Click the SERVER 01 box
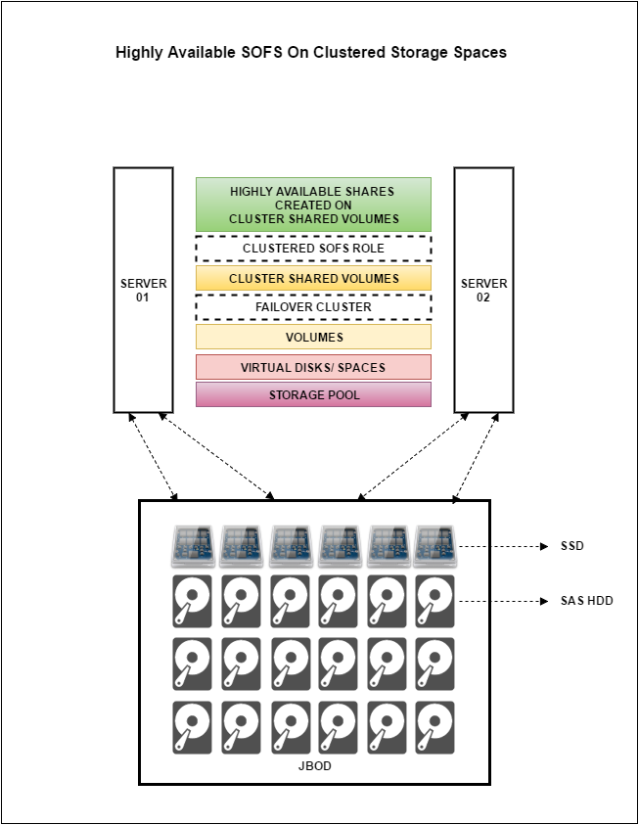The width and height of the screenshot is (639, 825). coord(143,290)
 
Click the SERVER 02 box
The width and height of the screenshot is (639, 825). coord(483,290)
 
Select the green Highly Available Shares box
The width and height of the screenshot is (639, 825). coord(313,205)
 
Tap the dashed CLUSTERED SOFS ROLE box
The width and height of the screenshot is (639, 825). coord(313,249)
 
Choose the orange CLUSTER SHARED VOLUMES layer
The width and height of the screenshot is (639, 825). coord(313,278)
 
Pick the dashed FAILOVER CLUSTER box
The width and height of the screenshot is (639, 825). coord(313,307)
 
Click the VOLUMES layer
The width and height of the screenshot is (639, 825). coord(313,337)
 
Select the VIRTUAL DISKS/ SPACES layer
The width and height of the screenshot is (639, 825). coord(313,367)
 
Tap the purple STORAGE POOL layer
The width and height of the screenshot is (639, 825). coord(313,394)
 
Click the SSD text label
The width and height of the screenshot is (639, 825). coord(572,546)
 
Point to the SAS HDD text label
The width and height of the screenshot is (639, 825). coord(587,601)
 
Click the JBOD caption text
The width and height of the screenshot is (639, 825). coord(314,766)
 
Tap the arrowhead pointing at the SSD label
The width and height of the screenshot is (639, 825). coord(544,547)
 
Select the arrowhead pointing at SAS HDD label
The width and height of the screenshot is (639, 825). coord(544,602)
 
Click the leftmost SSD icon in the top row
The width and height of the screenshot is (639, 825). coord(193,546)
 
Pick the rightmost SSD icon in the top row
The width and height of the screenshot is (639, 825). coord(434,546)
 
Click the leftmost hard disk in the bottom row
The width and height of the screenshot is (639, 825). coord(192,728)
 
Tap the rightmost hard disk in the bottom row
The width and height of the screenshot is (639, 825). coord(434,728)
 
